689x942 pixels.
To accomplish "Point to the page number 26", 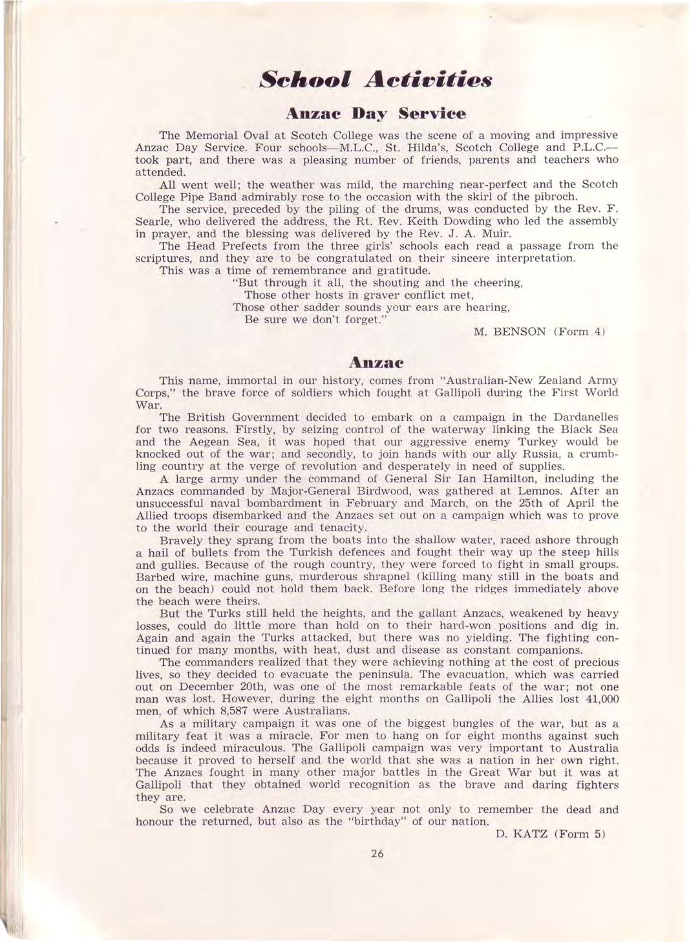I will pos(378,853).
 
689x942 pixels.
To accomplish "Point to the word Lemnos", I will pos(516,491).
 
